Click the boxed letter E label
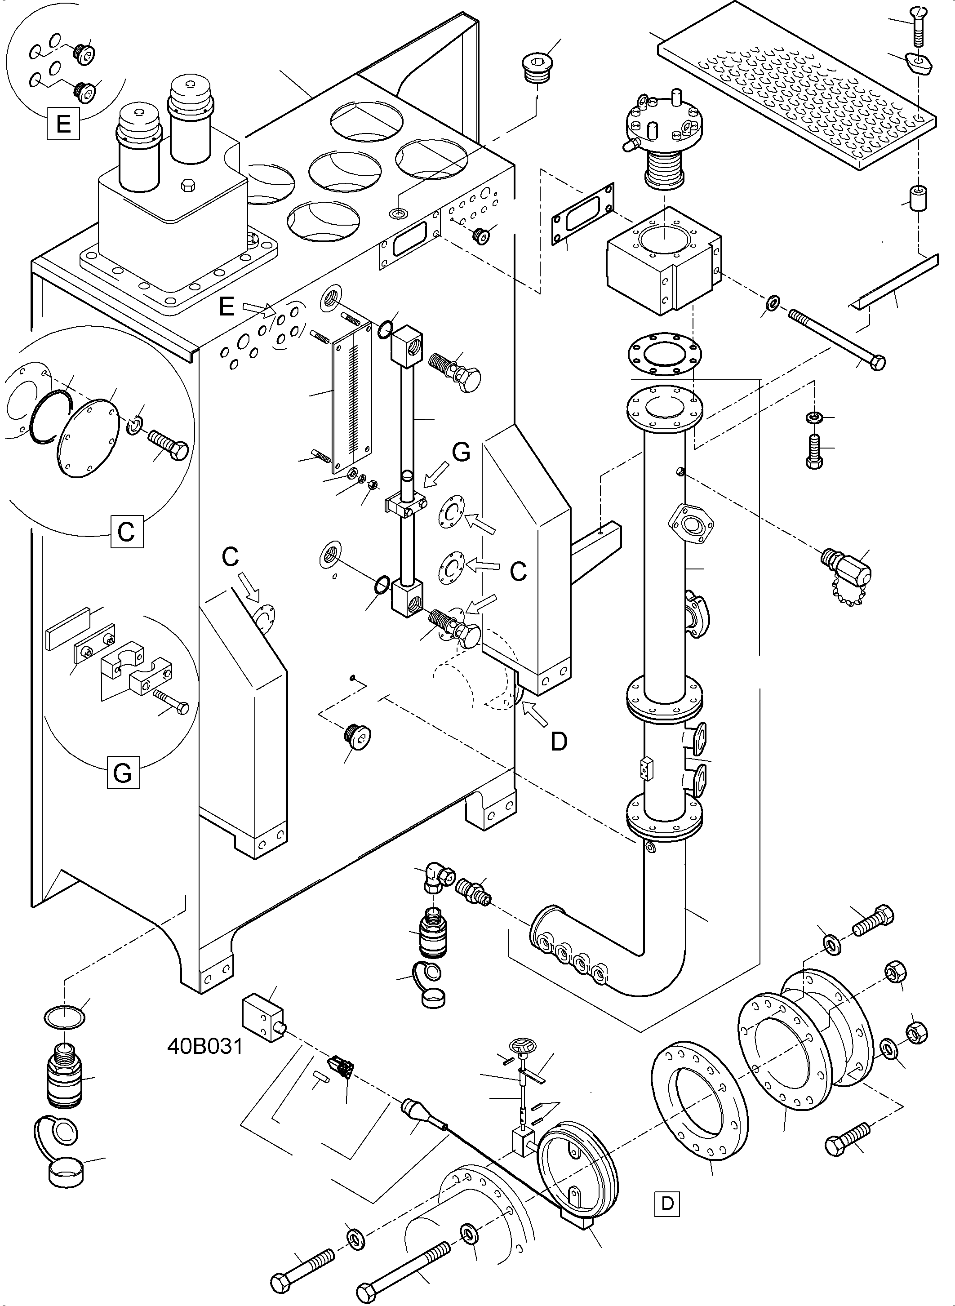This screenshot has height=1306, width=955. (x=63, y=124)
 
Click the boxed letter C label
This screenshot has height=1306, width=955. (x=127, y=531)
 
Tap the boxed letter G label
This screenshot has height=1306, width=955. (x=123, y=773)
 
